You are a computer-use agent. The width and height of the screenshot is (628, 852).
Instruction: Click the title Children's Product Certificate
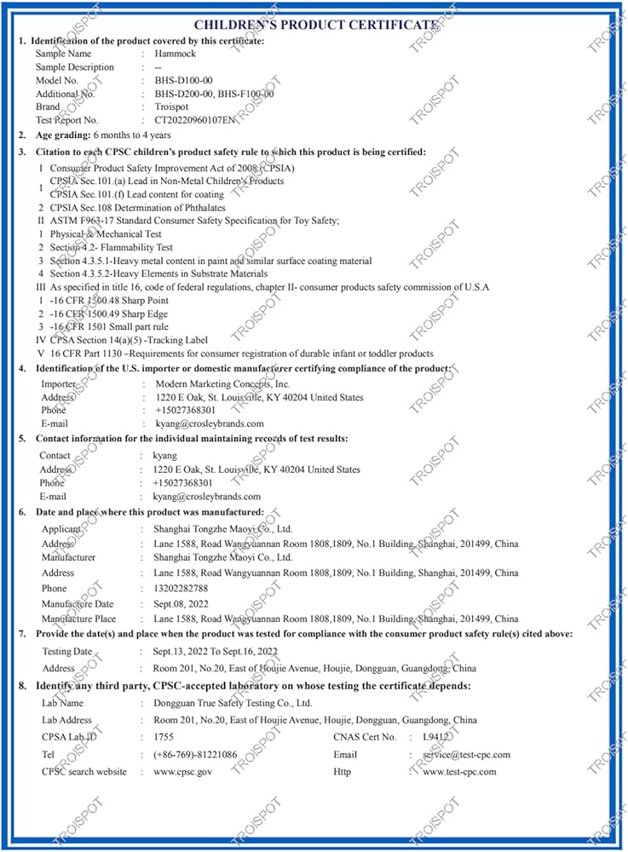coord(316,25)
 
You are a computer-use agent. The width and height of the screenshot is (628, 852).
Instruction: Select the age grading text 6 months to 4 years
coord(132,135)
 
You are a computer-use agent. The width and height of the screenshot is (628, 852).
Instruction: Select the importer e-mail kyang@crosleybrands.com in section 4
coord(210,423)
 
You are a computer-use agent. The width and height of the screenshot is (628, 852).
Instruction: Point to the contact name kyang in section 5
coord(164,456)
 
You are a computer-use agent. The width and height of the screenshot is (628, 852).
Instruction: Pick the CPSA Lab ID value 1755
coord(164,737)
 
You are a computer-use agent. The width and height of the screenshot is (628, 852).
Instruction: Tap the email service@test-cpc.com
coord(467,755)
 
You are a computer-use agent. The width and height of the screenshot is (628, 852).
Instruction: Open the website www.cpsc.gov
coord(182,772)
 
